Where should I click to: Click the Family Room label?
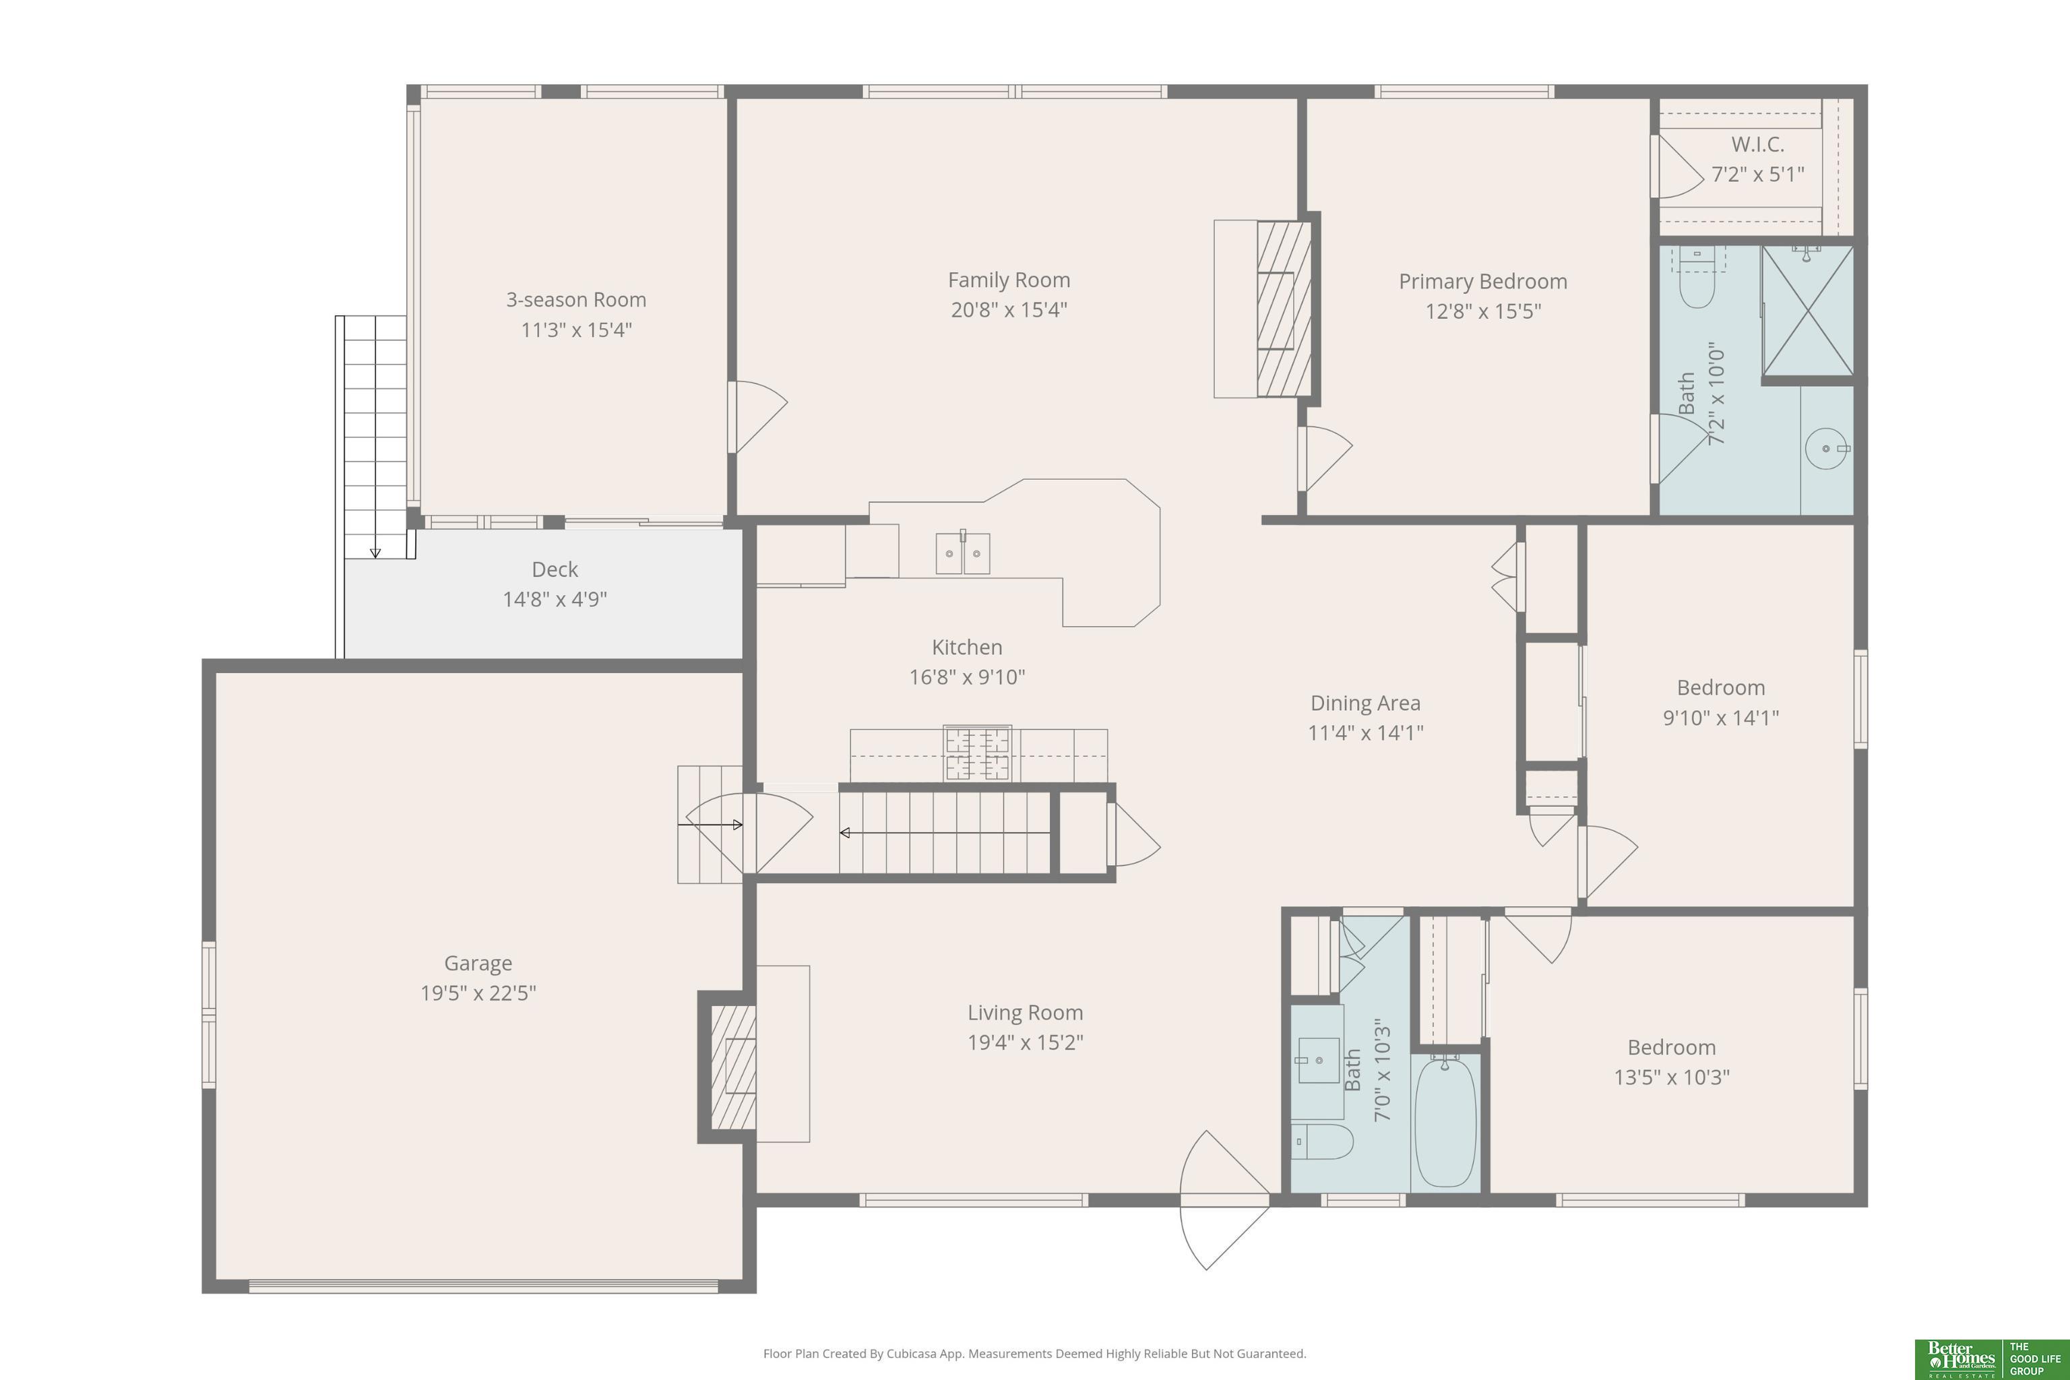coord(1009,280)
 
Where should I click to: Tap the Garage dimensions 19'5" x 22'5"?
coord(478,993)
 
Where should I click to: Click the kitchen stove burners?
coord(977,753)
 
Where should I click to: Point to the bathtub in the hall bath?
coord(1445,1123)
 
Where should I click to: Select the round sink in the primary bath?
coord(1826,449)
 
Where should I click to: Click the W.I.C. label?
coord(1757,144)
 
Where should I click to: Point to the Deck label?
coord(555,569)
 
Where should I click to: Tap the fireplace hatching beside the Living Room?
coord(733,1067)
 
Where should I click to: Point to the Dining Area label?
coord(1365,703)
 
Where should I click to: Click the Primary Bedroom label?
coord(1483,282)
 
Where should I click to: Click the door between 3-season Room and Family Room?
coord(757,417)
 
